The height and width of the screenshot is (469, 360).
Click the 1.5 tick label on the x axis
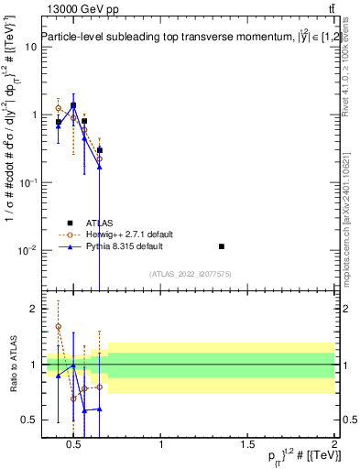247,444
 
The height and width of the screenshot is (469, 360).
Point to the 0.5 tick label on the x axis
75,444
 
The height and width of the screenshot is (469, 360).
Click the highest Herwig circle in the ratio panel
59,326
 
